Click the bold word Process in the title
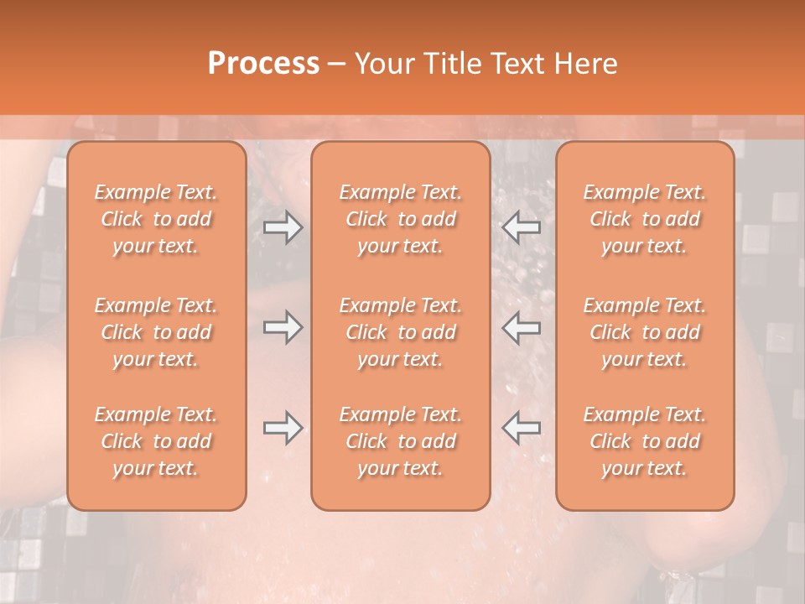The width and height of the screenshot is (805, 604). tap(263, 64)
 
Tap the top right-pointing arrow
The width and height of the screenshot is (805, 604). tap(283, 227)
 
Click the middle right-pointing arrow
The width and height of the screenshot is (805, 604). tap(283, 327)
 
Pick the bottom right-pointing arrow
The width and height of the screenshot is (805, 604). tap(283, 428)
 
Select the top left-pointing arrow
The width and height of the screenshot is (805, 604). tap(522, 227)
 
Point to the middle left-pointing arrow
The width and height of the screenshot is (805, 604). tap(522, 327)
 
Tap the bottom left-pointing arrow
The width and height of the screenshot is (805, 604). tap(522, 428)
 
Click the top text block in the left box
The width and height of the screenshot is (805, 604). tap(156, 219)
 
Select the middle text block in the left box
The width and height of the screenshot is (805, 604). tap(156, 332)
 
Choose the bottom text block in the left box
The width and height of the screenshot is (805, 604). tap(156, 441)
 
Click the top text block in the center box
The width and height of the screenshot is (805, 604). tap(400, 219)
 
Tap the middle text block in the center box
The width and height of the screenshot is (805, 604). tap(400, 332)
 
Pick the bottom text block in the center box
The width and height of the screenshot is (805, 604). tap(400, 441)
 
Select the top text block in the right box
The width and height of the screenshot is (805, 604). tap(644, 219)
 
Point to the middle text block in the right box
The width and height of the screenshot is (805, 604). tap(644, 332)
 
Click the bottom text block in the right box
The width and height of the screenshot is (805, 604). tap(644, 441)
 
